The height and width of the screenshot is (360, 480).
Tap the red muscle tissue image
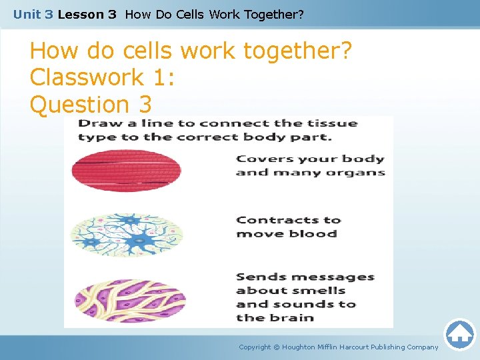(126, 171)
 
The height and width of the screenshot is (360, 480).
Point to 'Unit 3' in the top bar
(33, 13)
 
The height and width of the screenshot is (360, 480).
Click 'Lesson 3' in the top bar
(87, 13)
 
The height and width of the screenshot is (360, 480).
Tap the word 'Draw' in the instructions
(96, 123)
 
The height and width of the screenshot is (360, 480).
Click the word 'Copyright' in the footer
(255, 347)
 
